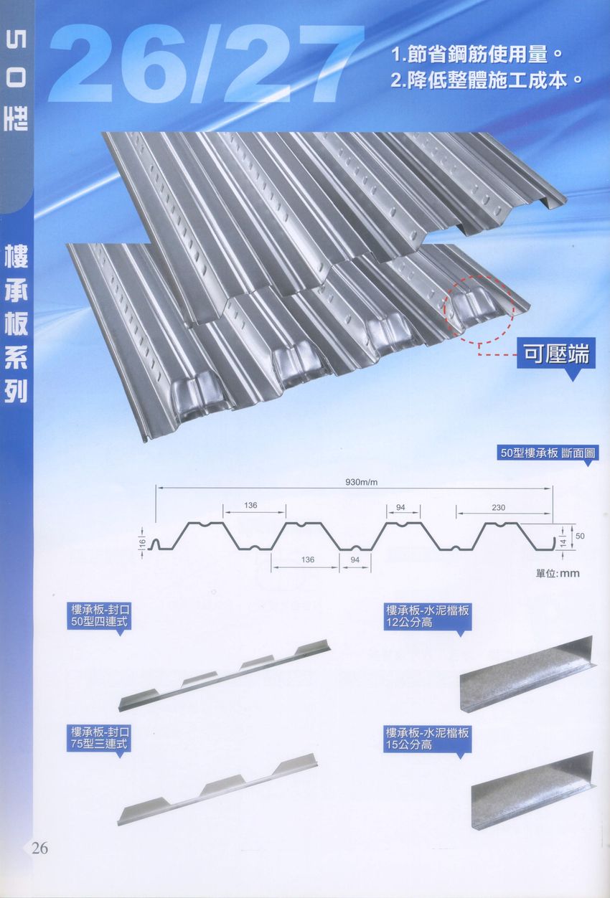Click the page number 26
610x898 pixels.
39,849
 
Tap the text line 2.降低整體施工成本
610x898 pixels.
485,79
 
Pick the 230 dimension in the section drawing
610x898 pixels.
499,508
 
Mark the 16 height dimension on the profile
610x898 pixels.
143,544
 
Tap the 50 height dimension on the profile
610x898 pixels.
580,536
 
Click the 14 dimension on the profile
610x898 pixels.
563,543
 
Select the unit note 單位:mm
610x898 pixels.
557,573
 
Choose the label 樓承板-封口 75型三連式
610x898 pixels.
100,739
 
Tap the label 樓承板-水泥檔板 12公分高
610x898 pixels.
427,617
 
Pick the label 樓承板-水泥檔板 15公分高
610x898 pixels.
427,739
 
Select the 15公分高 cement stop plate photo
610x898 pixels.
532,793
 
